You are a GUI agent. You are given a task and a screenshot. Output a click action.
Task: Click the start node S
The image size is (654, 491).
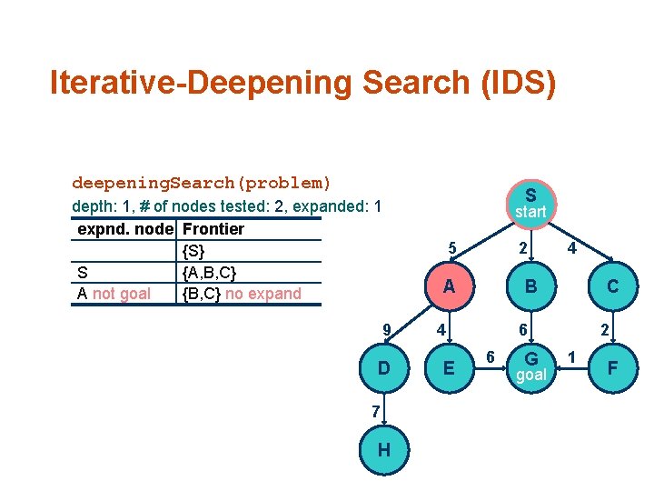point(530,203)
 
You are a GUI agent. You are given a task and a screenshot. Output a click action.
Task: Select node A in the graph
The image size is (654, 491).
point(447,286)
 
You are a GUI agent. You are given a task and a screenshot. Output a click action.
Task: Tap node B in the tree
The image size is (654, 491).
point(530,286)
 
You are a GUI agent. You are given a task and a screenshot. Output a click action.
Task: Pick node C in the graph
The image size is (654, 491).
point(613,286)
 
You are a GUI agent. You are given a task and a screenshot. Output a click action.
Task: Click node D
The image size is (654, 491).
point(385,367)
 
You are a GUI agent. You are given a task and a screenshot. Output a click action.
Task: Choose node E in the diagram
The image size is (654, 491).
point(447,367)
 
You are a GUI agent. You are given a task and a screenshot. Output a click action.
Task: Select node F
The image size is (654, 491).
point(613,367)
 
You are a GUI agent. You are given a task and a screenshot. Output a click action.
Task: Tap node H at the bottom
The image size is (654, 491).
point(385,450)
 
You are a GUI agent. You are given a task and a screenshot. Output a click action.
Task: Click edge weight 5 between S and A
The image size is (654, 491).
point(451,247)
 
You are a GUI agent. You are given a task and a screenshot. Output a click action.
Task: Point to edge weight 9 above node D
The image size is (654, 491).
point(387,329)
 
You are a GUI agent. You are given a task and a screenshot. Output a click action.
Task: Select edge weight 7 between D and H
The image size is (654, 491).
point(374,411)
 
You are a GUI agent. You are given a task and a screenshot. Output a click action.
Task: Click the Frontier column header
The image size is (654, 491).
point(213,229)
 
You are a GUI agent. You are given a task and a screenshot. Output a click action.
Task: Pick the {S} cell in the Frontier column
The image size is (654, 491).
point(193,250)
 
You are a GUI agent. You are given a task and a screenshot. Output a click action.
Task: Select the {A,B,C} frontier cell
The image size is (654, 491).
point(210,272)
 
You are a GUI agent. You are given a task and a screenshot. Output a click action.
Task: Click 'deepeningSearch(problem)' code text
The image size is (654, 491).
point(202,183)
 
